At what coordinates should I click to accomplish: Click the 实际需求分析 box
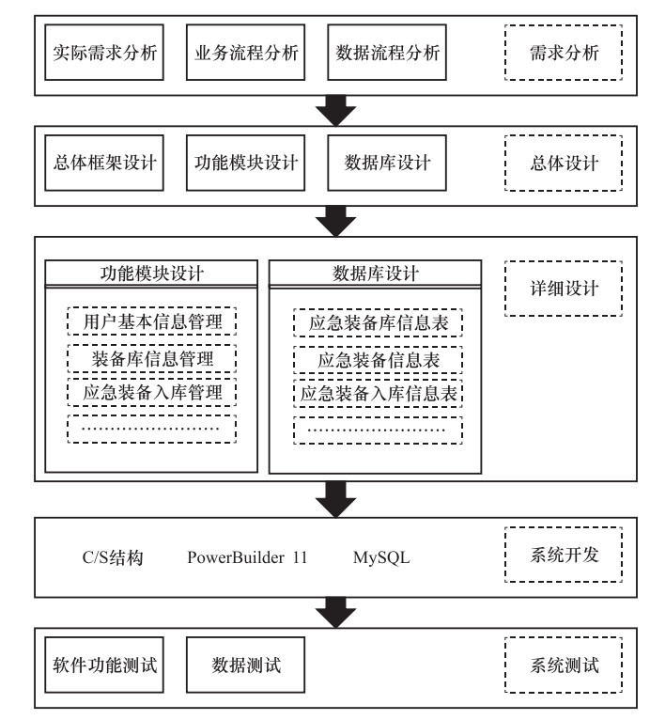(103, 53)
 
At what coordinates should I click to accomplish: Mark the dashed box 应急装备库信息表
(378, 322)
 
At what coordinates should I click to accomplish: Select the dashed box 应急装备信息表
(378, 358)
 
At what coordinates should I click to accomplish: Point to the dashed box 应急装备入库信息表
(378, 392)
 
